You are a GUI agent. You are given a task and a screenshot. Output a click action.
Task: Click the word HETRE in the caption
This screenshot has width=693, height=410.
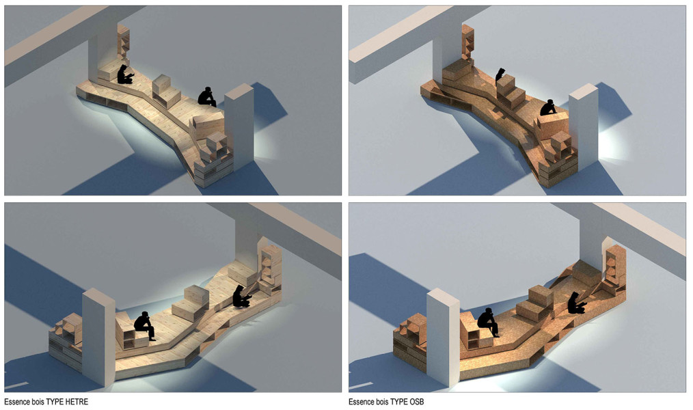(77, 402)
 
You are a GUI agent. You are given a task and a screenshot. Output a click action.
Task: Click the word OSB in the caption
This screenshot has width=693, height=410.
(416, 402)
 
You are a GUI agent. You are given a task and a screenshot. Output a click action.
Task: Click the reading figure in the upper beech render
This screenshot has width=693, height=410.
(124, 74)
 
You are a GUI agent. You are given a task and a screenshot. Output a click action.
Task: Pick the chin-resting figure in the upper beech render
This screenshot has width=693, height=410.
(207, 97)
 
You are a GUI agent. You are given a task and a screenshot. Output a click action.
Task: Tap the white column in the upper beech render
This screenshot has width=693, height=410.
(239, 126)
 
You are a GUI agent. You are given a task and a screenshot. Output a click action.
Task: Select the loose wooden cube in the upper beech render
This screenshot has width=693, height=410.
(162, 84)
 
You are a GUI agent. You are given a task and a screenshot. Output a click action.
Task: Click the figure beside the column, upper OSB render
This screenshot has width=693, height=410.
(548, 108)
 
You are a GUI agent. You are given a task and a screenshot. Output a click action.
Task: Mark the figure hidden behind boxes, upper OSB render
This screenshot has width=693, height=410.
(500, 74)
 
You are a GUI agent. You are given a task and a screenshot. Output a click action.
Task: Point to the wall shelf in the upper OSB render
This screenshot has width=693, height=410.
(467, 42)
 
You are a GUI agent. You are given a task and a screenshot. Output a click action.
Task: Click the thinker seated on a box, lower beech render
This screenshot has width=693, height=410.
(145, 325)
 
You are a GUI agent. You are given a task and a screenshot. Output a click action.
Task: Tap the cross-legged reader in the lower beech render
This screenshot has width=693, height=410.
(241, 297)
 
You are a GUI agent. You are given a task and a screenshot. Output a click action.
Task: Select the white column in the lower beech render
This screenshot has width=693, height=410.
(99, 337)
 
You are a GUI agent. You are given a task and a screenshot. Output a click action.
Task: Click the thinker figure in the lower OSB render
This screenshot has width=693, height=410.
(489, 322)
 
